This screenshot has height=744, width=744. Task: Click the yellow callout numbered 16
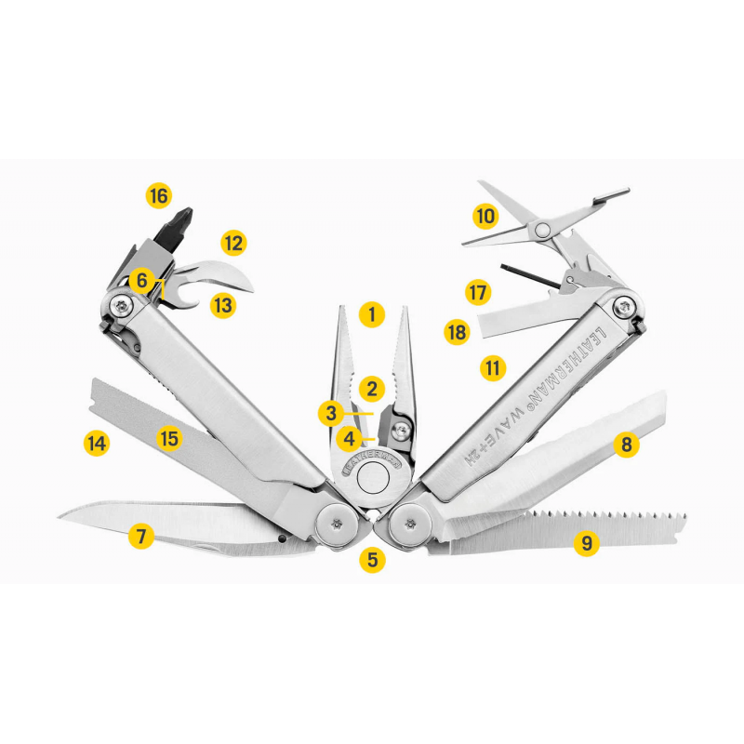coord(159,195)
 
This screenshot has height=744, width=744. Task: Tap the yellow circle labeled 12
coord(233,243)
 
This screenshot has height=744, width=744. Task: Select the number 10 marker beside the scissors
coord(485,217)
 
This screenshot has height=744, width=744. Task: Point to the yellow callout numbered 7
coord(141,537)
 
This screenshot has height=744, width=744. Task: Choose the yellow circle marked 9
coord(587,542)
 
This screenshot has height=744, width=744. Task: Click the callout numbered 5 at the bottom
coord(373,560)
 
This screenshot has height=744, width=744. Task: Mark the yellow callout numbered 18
coord(457,332)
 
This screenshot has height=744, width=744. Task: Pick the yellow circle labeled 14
coord(97,444)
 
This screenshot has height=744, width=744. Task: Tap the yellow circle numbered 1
coord(372,314)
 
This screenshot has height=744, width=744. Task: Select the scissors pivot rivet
coord(541,231)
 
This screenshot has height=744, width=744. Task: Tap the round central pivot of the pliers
coord(373,478)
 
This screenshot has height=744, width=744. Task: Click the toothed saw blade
coord(560,531)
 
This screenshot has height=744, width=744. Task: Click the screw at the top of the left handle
coord(122,307)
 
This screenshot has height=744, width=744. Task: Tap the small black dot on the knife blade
coord(283,538)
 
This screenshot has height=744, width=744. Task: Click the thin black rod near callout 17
coord(531,276)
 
